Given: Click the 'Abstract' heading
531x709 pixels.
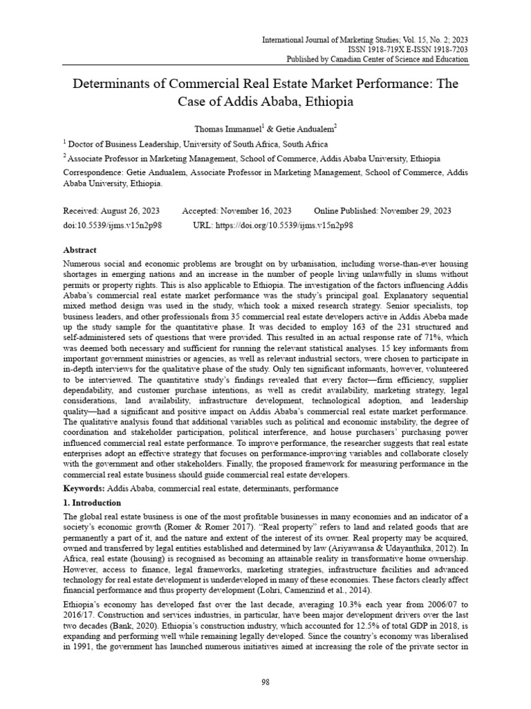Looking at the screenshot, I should click(80, 250).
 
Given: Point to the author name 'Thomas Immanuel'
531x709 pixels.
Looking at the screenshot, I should click(219, 128).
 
